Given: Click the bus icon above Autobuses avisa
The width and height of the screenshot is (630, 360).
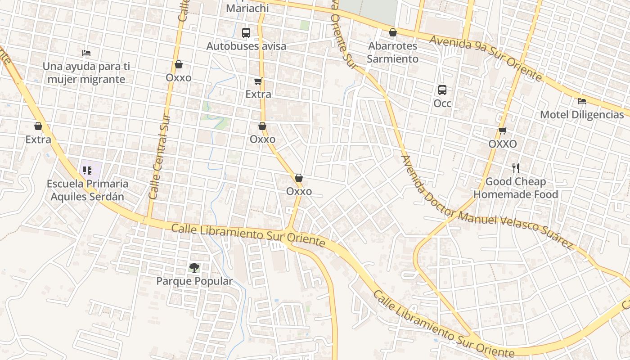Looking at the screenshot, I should [x=246, y=32].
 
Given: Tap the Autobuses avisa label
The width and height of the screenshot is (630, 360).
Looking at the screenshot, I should [x=246, y=46].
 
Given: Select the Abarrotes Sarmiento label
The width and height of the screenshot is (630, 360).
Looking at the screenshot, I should [x=392, y=52].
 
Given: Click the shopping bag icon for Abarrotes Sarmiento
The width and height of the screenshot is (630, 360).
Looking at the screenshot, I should [x=393, y=32].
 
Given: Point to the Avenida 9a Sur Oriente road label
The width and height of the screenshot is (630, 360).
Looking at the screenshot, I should [x=486, y=58].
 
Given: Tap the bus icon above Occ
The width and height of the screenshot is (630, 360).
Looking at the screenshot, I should [x=442, y=90].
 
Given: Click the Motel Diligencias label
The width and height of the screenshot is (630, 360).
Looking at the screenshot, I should [x=582, y=115].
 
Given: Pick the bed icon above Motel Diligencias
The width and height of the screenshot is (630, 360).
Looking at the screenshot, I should [x=582, y=101].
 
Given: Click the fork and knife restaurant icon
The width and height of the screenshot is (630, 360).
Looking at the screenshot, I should [x=516, y=168].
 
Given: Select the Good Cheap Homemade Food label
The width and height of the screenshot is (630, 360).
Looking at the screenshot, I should [x=516, y=188].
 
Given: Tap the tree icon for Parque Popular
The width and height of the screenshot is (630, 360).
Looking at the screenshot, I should [x=194, y=268].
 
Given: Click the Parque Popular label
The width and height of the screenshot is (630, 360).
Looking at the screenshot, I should [x=194, y=281].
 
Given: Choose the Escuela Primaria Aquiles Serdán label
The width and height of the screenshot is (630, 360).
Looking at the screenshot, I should [x=87, y=190].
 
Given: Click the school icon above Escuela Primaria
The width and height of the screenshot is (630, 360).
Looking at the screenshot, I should [x=87, y=170].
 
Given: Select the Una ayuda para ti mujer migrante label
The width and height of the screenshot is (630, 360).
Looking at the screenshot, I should [x=86, y=73].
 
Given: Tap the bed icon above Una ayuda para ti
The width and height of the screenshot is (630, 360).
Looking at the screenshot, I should [x=86, y=53].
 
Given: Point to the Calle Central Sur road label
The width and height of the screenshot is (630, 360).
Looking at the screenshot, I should [x=160, y=155].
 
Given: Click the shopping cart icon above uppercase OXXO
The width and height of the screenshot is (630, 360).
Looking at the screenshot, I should [x=503, y=130].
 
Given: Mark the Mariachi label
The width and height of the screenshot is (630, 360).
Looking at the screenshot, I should [x=247, y=8].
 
